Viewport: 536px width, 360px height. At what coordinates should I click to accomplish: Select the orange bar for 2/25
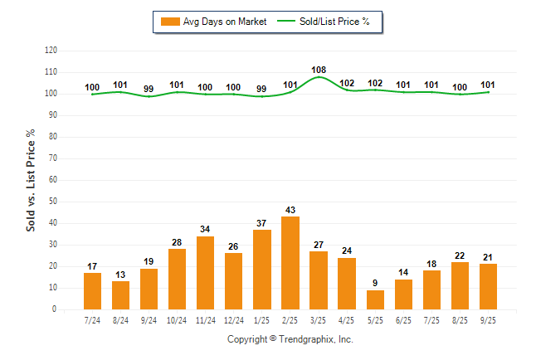point(290,263)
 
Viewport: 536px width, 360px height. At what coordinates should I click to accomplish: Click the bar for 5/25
point(375,299)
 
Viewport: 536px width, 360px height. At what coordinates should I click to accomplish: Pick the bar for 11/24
point(205,273)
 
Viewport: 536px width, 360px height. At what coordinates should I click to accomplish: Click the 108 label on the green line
point(319,70)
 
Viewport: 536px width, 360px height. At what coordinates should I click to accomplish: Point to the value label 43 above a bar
point(290,210)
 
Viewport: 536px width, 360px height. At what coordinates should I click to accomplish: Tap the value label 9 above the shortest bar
point(375,283)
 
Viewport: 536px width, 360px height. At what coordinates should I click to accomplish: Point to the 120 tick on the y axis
point(51,51)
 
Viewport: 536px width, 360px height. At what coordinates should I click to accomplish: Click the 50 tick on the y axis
point(53,202)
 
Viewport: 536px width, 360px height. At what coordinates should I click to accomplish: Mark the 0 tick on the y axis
point(56,309)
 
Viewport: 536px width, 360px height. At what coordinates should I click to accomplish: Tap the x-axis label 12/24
point(233,320)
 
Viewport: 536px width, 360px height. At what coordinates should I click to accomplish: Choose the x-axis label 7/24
point(92,320)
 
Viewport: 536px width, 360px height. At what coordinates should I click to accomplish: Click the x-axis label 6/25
point(403,320)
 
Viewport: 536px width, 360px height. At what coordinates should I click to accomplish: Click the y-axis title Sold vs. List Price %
point(31,180)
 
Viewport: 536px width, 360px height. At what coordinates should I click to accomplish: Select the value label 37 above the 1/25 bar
point(262,223)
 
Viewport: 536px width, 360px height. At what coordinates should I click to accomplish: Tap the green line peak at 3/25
point(319,77)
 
